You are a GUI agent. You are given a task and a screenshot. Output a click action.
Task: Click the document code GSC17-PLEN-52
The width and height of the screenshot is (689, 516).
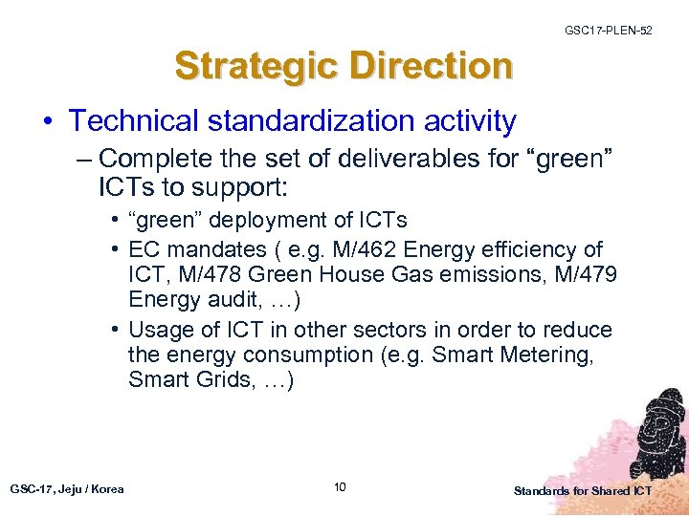click(x=610, y=31)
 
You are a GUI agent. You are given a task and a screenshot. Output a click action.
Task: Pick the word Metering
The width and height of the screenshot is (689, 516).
click(x=543, y=355)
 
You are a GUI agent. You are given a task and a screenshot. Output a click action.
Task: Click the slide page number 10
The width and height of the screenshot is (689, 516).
click(x=340, y=488)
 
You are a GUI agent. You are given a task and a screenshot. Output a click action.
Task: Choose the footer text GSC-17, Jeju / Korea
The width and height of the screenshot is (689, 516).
click(x=67, y=489)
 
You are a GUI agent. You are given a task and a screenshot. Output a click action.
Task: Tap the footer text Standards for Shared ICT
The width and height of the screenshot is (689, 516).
click(x=582, y=490)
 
